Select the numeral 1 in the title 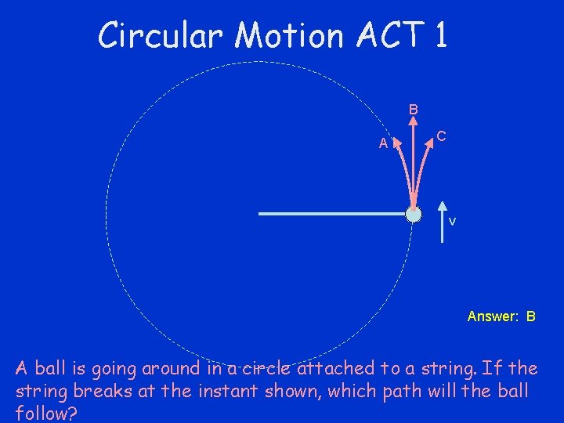(x=439, y=35)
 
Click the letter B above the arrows (x=413, y=109)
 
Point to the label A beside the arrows (x=383, y=143)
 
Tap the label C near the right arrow (x=442, y=136)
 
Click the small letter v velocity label (x=453, y=221)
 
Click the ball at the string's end (x=414, y=213)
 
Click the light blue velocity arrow (x=443, y=223)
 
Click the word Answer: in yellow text (x=493, y=317)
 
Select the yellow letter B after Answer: (x=530, y=317)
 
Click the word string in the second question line (x=40, y=391)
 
